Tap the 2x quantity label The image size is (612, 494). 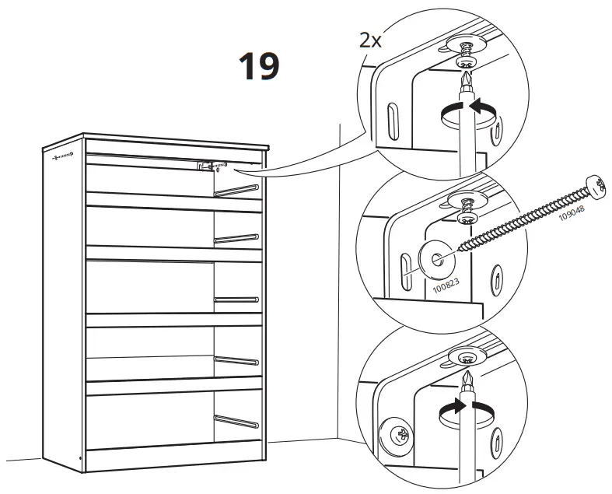(x=370, y=40)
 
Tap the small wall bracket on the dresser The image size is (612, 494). (x=205, y=166)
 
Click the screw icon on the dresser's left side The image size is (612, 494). (x=62, y=156)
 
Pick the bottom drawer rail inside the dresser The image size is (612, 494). (x=237, y=420)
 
